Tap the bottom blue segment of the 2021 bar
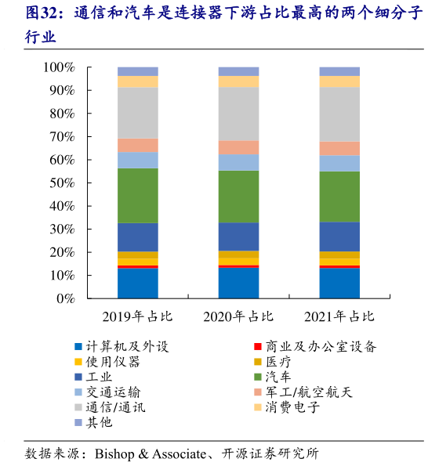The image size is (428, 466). coord(339,284)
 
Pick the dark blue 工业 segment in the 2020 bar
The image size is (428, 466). coord(238,237)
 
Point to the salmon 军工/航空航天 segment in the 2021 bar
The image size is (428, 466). coord(339,148)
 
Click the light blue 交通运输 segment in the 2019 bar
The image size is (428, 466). coord(137,160)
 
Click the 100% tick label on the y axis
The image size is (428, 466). coord(58,67)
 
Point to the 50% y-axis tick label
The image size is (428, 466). coord(61,183)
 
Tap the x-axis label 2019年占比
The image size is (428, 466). coord(137,317)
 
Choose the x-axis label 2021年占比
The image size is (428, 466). coord(339,317)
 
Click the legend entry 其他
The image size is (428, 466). coord(100,422)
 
